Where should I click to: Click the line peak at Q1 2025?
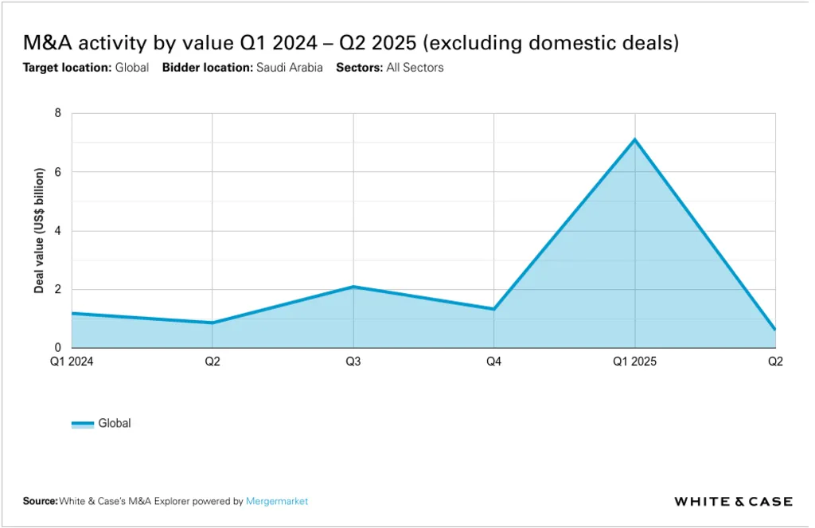635,140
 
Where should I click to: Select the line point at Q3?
353,287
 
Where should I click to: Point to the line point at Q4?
494,309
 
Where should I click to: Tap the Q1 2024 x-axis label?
72,362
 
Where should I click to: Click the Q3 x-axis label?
353,362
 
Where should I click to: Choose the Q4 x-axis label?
494,362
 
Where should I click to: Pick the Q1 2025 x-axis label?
635,362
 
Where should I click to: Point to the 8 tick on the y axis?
57,113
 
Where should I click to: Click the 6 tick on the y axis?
57,172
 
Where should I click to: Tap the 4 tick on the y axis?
57,231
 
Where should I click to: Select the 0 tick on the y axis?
57,348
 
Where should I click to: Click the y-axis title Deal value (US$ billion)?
38,231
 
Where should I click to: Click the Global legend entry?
114,424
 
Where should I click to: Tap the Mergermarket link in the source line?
277,502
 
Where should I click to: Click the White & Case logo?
733,502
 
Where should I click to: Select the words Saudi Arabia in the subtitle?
289,68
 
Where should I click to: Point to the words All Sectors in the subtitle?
415,68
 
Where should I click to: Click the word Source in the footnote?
40,502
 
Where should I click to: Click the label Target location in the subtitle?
66,68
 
